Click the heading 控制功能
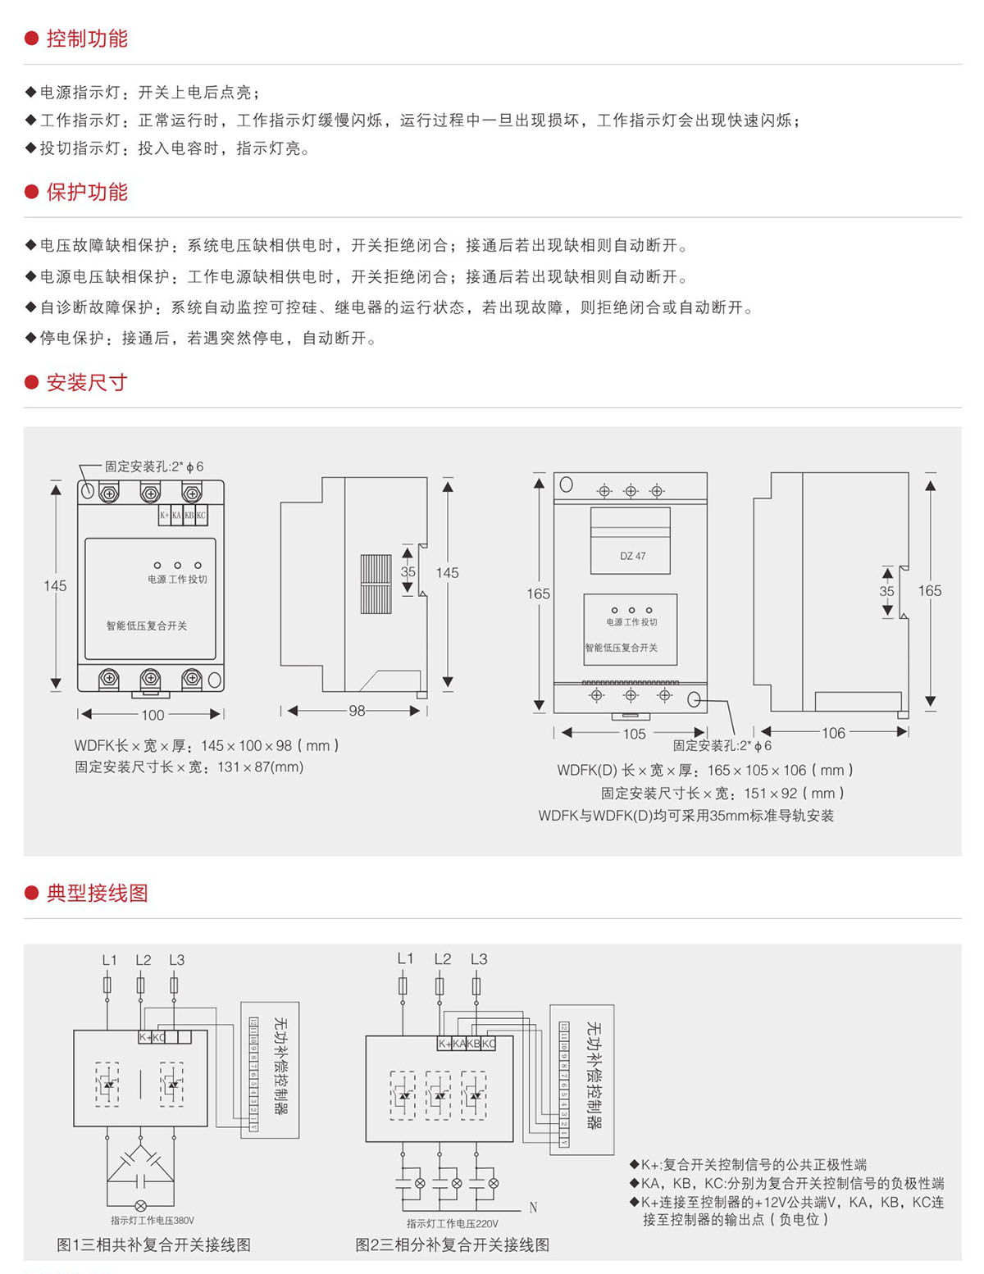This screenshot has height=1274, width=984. point(87,39)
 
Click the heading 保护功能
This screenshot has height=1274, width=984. point(87,192)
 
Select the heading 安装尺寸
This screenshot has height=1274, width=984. point(87,382)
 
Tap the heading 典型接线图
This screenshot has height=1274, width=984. point(97,893)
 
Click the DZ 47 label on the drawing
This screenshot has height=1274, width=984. point(632,556)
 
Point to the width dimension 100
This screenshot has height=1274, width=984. point(153,715)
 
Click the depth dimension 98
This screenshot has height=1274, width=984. point(357,711)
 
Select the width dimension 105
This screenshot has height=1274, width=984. point(634,734)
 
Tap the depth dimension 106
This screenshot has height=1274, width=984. point(833,733)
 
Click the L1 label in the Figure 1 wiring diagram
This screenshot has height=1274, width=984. point(109,960)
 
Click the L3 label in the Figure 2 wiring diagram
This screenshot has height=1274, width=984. point(479,959)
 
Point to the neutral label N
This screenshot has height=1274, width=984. point(533,1208)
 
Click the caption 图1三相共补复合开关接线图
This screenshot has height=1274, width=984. point(153,1245)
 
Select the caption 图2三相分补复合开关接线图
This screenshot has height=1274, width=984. point(452,1245)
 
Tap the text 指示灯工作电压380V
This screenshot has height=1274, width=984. point(153,1221)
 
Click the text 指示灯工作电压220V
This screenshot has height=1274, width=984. point(453,1224)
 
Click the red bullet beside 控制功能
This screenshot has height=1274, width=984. point(32,39)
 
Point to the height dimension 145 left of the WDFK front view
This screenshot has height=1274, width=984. point(55,585)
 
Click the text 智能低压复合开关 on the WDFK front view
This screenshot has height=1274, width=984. point(147,626)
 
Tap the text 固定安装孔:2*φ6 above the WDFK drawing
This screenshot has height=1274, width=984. point(154,466)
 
